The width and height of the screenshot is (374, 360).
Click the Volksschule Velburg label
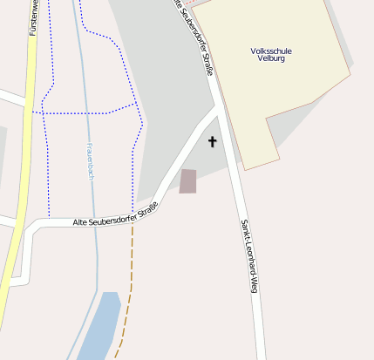click(x=270, y=56)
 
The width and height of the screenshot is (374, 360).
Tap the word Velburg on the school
click(x=270, y=60)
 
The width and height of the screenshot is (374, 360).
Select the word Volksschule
click(x=270, y=51)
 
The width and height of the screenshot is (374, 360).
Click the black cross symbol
click(x=212, y=140)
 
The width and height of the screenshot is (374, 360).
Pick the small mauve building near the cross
click(x=188, y=181)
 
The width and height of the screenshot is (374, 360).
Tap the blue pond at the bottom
click(x=99, y=327)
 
